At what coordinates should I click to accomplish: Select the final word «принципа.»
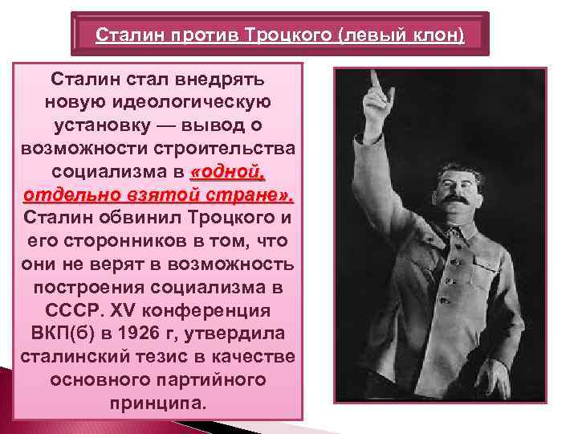coord(158,402)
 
